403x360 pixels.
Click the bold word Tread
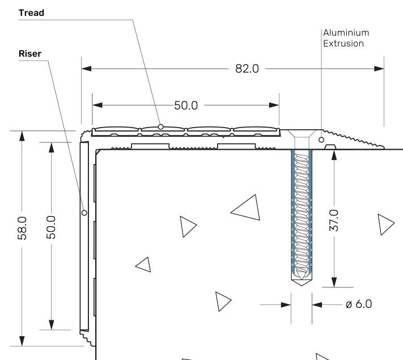pyautogui.click(x=32, y=12)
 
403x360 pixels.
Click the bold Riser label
pyautogui.click(x=29, y=54)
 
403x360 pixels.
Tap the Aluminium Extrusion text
pyautogui.click(x=345, y=38)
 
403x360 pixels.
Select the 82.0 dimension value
pyautogui.click(x=247, y=69)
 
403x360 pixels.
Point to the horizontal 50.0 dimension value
pyautogui.click(x=185, y=105)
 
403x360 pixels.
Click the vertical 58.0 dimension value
pyautogui.click(x=22, y=227)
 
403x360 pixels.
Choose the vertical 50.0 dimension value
pyautogui.click(x=51, y=227)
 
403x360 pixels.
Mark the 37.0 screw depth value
pyautogui.click(x=334, y=219)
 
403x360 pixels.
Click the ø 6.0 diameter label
pyautogui.click(x=358, y=304)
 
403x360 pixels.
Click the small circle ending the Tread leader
pyautogui.click(x=161, y=126)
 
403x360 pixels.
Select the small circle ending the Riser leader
pyautogui.click(x=84, y=213)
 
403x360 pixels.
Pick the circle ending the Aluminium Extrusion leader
pyautogui.click(x=321, y=139)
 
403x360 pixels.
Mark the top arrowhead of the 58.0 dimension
pyautogui.click(x=22, y=136)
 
